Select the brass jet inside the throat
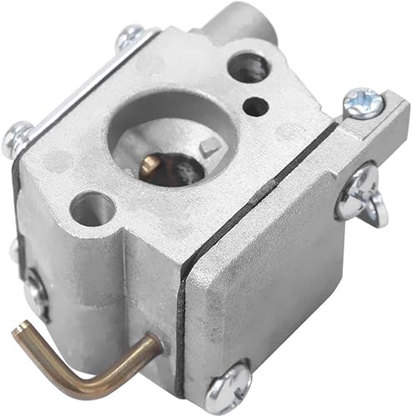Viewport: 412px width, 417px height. pos(150,164)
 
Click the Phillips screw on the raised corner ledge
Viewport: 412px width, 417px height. pos(363,102)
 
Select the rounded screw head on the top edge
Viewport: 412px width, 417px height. pos(131,36)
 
